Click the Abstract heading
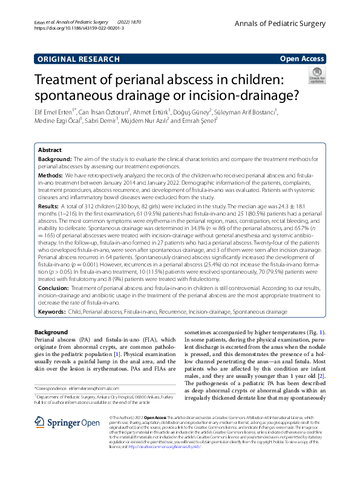coord(49,149)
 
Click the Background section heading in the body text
coord(51,332)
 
